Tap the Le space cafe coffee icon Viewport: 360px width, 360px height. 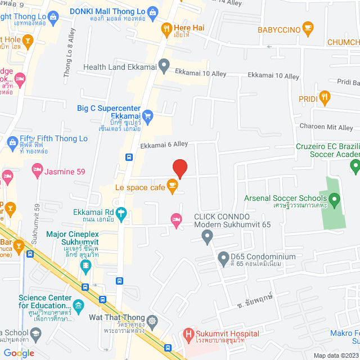173,188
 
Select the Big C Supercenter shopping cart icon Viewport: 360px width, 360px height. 148,116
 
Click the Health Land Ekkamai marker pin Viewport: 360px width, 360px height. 164,66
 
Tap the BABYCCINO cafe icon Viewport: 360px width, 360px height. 307,28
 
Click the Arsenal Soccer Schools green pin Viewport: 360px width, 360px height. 334,199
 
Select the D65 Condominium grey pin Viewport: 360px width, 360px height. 223,258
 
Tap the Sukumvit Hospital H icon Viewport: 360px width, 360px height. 188,334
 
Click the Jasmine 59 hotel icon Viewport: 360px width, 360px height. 37,168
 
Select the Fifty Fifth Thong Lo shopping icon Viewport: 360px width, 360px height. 12,143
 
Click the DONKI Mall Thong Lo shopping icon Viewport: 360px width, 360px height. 152,12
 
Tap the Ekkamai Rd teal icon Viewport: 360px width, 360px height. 121,213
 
